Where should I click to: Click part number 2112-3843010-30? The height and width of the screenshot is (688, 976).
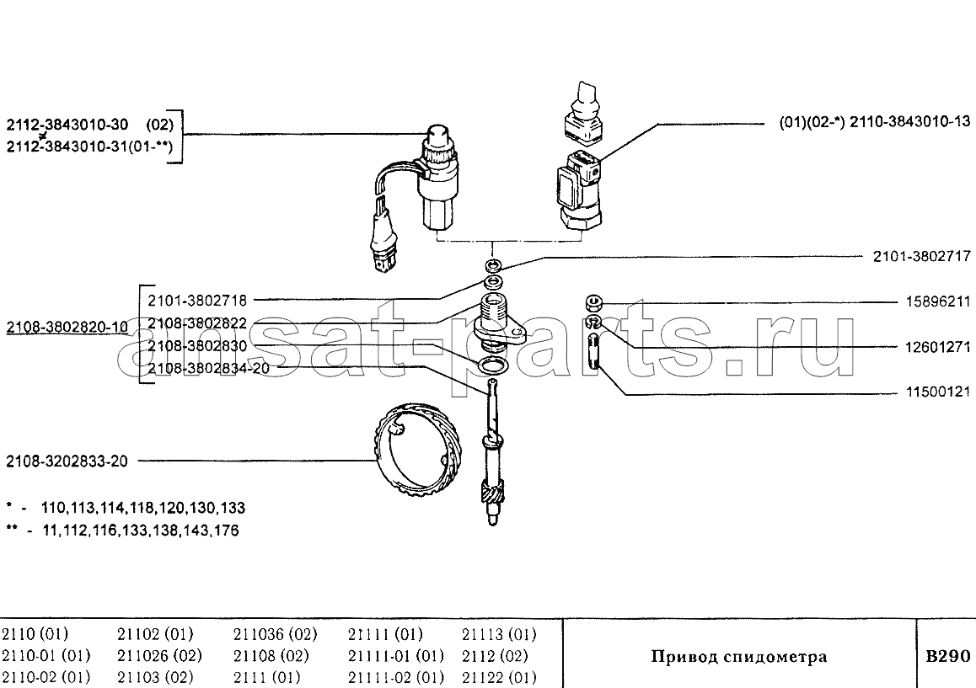click(x=67, y=125)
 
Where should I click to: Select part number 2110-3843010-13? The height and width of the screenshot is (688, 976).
click(x=909, y=121)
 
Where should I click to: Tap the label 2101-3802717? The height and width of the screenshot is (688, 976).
click(x=922, y=256)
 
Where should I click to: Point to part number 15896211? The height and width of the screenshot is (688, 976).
click(x=937, y=301)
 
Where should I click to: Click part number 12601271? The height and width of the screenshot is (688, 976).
click(x=937, y=346)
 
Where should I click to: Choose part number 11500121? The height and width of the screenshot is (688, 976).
click(x=937, y=392)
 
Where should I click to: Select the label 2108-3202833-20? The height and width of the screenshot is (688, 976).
click(x=67, y=461)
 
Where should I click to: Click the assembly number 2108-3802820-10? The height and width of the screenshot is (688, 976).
click(x=67, y=327)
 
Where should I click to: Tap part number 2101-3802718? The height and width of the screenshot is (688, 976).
click(x=197, y=301)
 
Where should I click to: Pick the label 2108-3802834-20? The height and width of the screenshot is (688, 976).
click(x=208, y=368)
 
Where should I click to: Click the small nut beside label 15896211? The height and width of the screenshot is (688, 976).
click(x=594, y=303)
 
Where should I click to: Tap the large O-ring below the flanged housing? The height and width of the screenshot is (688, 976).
click(x=491, y=365)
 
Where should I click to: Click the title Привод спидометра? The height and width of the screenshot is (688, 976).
click(x=739, y=656)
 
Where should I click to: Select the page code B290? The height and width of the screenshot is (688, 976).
click(x=947, y=656)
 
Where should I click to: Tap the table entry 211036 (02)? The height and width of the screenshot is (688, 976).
click(x=275, y=634)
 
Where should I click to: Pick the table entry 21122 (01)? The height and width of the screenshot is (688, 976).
click(x=499, y=676)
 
